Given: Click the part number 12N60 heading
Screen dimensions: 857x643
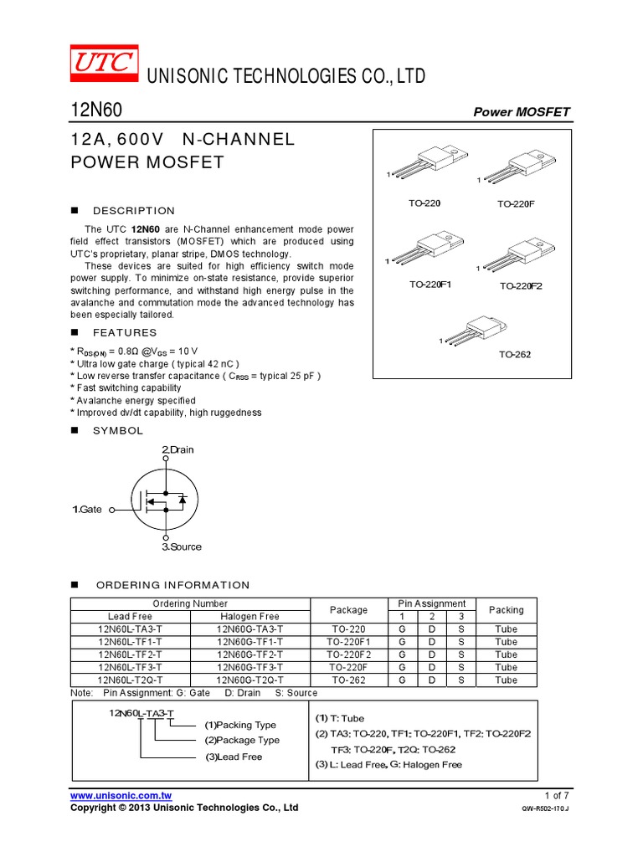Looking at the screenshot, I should tap(95, 110).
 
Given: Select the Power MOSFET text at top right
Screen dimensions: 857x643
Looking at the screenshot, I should tap(522, 112).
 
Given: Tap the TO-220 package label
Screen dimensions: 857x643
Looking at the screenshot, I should tap(424, 203).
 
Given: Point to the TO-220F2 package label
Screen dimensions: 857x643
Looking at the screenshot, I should tap(522, 286).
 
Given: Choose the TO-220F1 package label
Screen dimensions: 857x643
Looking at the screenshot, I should tap(430, 285).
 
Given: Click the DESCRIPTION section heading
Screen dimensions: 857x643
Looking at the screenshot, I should tap(134, 211).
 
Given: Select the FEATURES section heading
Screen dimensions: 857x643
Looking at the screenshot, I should tap(125, 332).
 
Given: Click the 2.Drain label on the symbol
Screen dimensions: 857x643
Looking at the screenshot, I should tap(177, 450).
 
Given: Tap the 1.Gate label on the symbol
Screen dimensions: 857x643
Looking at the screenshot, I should tap(87, 509).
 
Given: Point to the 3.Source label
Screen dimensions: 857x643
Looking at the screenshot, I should tap(182, 547).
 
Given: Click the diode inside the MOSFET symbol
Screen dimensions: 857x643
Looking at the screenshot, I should tap(183, 500).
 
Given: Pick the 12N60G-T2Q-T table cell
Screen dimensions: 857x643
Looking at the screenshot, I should tap(249, 680).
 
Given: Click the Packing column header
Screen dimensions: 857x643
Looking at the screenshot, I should tap(506, 610).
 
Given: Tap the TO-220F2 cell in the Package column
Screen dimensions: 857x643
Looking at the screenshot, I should tap(348, 654).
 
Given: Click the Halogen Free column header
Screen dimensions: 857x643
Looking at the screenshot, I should tap(249, 616).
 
